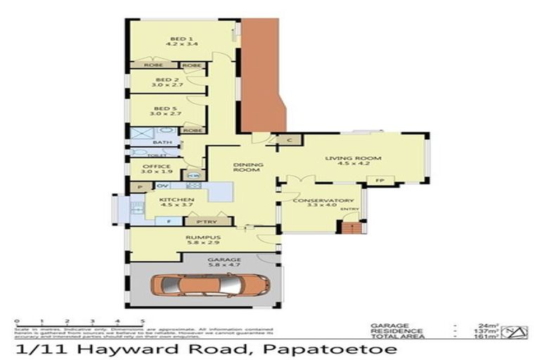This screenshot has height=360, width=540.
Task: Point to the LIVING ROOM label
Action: (342, 160)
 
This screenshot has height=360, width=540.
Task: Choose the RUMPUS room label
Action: (204, 238)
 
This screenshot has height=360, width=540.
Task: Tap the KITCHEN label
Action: (172, 200)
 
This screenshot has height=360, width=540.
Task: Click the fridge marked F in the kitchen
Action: (169, 222)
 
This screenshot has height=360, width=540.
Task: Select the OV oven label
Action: (161, 186)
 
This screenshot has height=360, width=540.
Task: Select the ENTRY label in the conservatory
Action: (348, 209)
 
